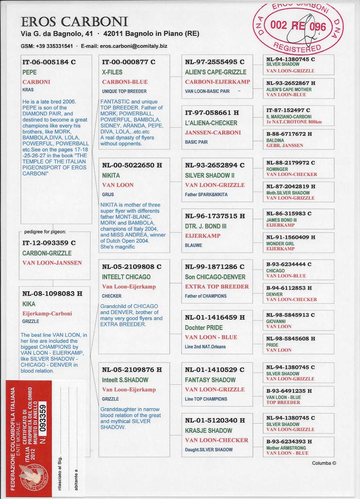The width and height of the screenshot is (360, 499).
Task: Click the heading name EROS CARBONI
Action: coord(74,22)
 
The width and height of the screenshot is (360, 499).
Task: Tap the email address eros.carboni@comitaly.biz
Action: coord(134,46)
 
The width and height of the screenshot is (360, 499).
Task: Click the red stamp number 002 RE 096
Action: coord(298,26)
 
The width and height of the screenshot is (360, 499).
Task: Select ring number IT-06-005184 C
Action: coord(49,62)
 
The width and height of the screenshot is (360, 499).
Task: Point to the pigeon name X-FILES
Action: coord(112,72)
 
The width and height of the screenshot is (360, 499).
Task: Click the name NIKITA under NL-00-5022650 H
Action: coord(111,175)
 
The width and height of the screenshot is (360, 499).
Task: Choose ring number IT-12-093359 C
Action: coord(49,243)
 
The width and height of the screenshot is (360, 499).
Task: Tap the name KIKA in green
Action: coord(29,304)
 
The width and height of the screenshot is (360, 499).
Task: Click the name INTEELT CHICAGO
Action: coord(126,277)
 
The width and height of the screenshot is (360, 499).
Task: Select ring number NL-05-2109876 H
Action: coord(132,370)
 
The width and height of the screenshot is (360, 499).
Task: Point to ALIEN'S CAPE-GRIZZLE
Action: coord(216,72)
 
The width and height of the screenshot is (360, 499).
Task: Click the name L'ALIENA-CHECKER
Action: coord(211,123)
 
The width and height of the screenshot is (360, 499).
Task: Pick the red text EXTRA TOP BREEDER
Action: coord(217,286)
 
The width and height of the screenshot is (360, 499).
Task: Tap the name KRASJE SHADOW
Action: coord(208,430)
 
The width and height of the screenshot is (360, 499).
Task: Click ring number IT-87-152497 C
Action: coord(288,110)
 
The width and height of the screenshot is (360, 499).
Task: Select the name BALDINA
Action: coord(275,140)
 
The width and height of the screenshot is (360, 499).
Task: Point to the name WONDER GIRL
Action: coord(280,244)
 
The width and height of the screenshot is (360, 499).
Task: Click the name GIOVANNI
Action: coord(276,321)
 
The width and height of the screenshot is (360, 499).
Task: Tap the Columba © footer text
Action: coord(324,463)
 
